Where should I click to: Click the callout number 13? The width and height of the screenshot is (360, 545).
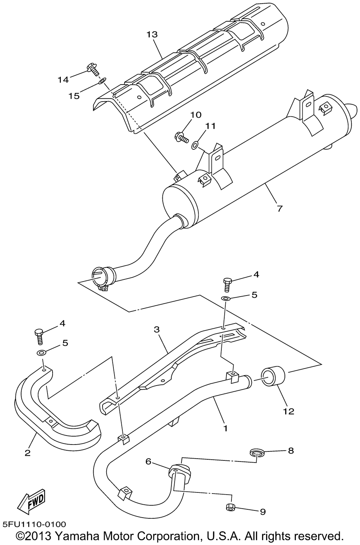point(152,35)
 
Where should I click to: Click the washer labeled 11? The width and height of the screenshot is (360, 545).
point(195,145)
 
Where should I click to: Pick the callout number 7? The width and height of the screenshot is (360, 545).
point(280,208)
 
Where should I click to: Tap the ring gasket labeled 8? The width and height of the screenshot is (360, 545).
point(256,452)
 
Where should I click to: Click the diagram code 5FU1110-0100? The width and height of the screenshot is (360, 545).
point(33,525)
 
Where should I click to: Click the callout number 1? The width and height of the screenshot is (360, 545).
point(225,428)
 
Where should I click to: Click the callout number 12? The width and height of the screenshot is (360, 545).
point(289,411)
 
